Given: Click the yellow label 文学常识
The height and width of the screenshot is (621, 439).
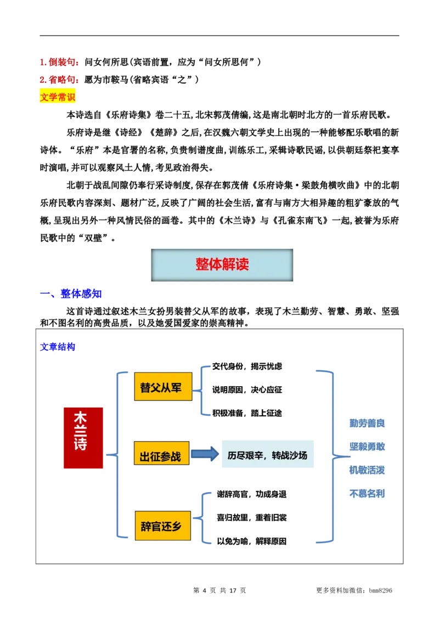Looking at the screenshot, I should tap(59, 97).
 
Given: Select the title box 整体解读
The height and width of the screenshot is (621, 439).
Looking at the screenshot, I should tap(222, 265).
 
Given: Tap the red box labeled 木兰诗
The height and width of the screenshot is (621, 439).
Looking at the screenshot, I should tap(83, 438).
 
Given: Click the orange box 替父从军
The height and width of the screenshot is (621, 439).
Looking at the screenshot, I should tap(163, 387).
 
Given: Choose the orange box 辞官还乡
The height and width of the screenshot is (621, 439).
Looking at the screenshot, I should tap(162, 526).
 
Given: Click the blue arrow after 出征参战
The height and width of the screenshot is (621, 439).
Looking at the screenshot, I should tap(204, 454).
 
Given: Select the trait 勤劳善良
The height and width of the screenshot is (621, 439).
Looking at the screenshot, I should tap(367, 423).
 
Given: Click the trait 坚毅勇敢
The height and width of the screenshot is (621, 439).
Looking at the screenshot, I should tap(367, 447).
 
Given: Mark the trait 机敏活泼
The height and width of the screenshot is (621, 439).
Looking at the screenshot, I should tap(367, 470).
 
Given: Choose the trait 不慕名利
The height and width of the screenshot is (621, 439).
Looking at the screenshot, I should tap(367, 494).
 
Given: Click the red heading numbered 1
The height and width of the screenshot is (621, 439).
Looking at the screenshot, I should tap(60, 63).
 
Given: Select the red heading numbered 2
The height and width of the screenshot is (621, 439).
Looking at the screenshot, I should tap(60, 80).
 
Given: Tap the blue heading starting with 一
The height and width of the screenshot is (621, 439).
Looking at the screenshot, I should tap(71, 294).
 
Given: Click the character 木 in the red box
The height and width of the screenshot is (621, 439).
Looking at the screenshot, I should tap(81, 418).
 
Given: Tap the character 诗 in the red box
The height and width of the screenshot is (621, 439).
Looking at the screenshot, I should tap(81, 443).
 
